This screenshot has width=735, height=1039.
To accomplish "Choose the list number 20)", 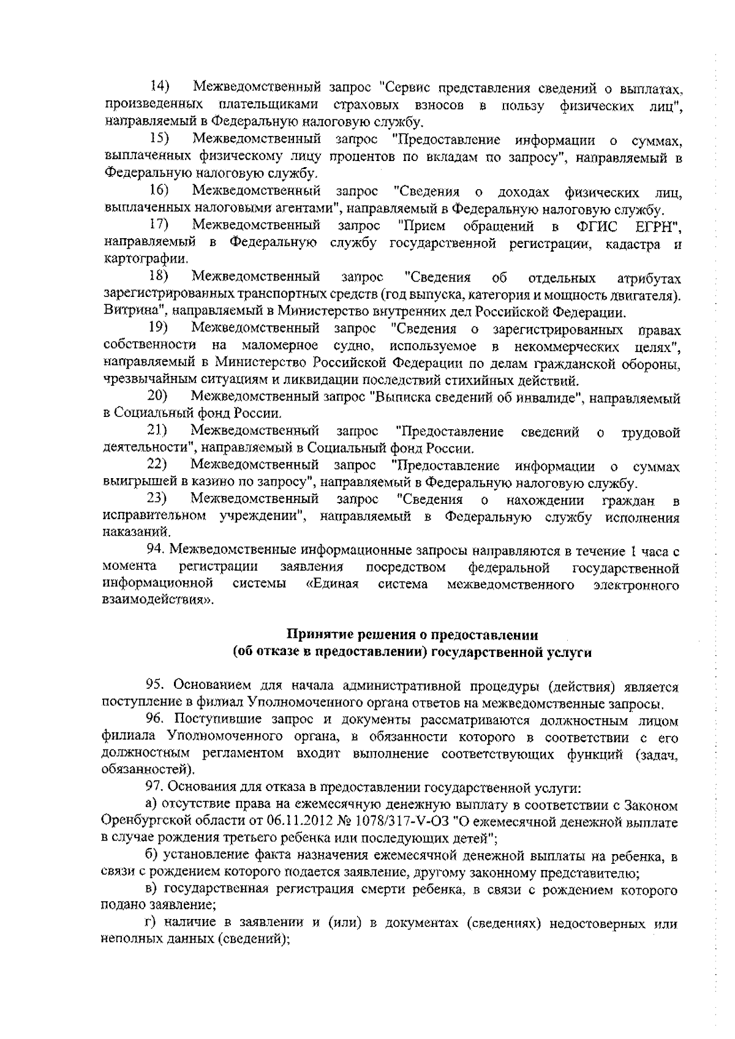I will coord(160,399).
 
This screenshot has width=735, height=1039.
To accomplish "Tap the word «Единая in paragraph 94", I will coord(331,585).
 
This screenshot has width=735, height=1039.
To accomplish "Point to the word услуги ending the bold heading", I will coord(570,653).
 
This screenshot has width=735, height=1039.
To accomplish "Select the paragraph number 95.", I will coord(156,686).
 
